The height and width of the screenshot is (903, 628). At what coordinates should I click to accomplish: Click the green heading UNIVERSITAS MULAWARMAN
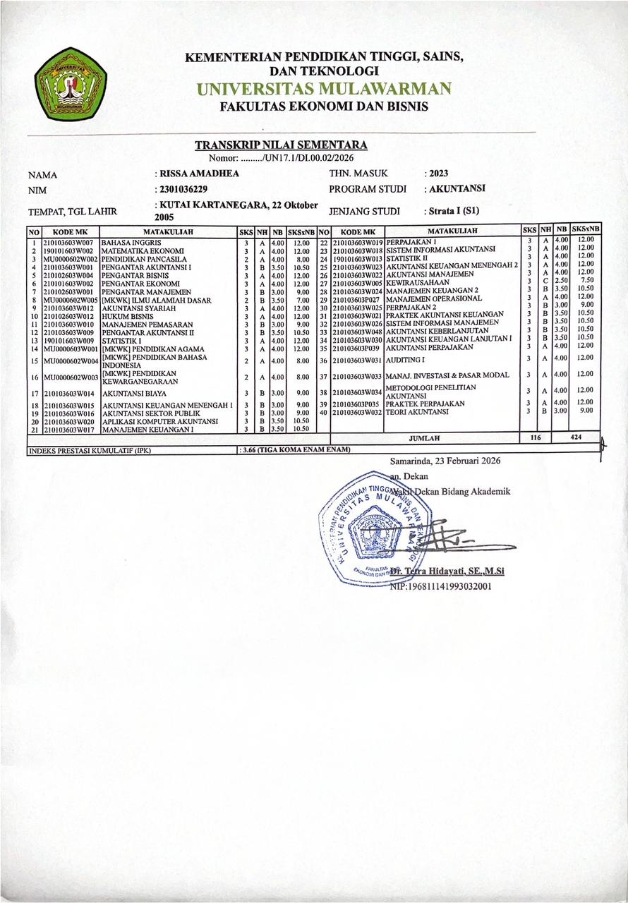324,89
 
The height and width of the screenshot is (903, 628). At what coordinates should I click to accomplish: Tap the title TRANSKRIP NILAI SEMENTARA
281,145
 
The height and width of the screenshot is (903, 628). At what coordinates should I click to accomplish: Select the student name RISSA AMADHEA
200,174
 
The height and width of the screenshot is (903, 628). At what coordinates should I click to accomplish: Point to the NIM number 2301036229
184,189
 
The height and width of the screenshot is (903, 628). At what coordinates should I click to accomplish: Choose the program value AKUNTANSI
456,189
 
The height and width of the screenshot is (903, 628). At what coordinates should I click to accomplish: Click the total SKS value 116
535,438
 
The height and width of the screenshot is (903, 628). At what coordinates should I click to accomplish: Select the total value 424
578,438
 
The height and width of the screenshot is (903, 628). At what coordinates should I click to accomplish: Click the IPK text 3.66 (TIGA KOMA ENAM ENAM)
292,449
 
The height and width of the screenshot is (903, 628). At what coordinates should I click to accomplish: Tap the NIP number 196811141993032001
440,586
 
